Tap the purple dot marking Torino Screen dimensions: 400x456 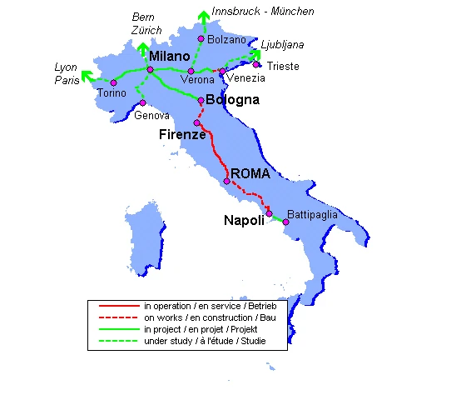112,82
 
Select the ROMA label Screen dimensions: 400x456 251,173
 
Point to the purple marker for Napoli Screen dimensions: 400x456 269,214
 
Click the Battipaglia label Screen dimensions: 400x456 312,214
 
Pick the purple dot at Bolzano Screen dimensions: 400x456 201,38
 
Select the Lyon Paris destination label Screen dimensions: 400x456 66,73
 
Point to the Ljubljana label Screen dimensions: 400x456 282,43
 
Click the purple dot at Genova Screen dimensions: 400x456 142,102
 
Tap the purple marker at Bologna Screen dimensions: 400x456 201,99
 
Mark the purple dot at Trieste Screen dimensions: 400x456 257,64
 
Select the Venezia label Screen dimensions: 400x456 246,77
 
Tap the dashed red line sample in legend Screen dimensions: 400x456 118,319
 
